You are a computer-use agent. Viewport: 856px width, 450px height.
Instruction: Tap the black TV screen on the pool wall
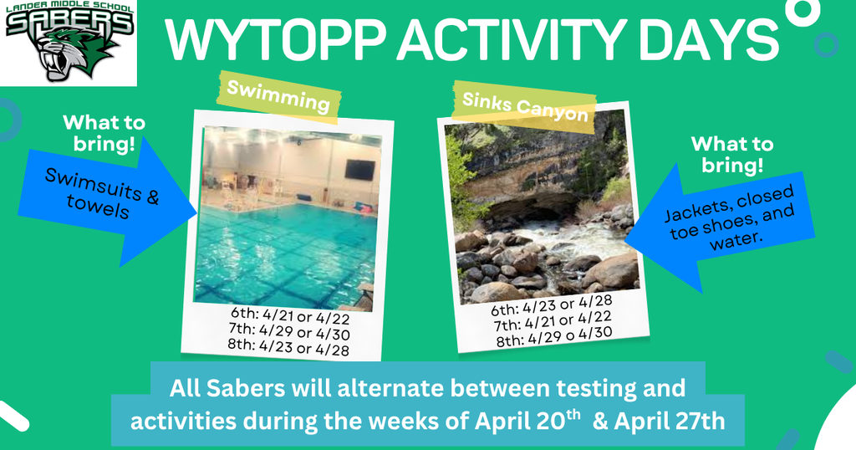pyautogui.click(x=359, y=170)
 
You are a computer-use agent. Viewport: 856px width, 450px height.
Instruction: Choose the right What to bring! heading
pyautogui.click(x=731, y=155)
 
